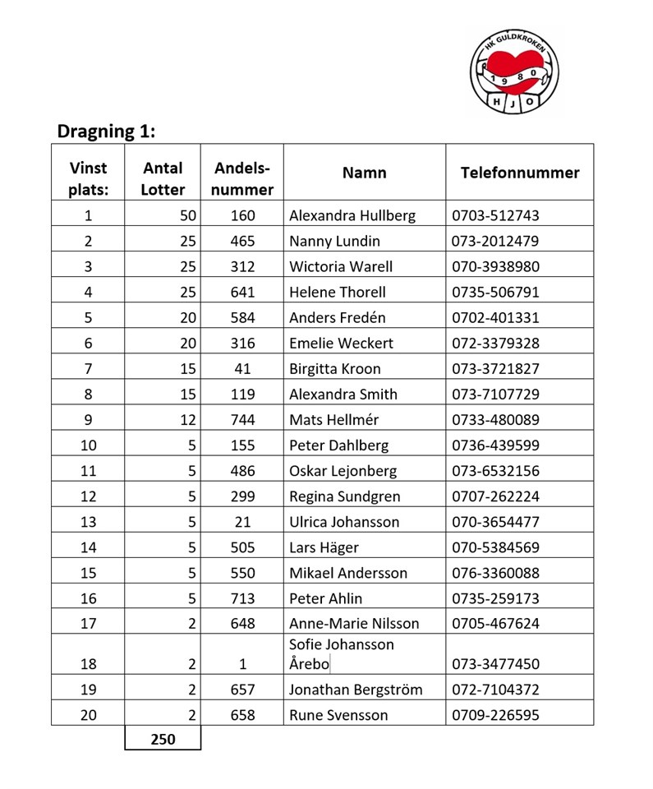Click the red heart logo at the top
pyautogui.click(x=515, y=72)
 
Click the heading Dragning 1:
pyautogui.click(x=106, y=131)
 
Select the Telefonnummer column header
pyautogui.click(x=519, y=173)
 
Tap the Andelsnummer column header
pyautogui.click(x=242, y=178)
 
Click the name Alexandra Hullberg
pyautogui.click(x=352, y=216)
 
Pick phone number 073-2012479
pyautogui.click(x=495, y=242)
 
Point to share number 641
pyautogui.click(x=242, y=293)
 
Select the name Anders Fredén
pyautogui.click(x=338, y=318)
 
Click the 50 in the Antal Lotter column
pyautogui.click(x=188, y=216)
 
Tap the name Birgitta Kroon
pyautogui.click(x=335, y=369)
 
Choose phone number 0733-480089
pyautogui.click(x=495, y=420)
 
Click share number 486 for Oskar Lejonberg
pyautogui.click(x=242, y=471)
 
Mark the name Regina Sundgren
pyautogui.click(x=345, y=496)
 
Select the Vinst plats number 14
pyautogui.click(x=88, y=547)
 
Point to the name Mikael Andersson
pyautogui.click(x=348, y=573)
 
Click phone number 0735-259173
pyautogui.click(x=495, y=598)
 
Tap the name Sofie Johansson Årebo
pyautogui.click(x=342, y=654)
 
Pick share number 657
pyautogui.click(x=242, y=690)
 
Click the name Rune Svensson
pyautogui.click(x=338, y=715)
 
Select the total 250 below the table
pyautogui.click(x=163, y=740)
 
